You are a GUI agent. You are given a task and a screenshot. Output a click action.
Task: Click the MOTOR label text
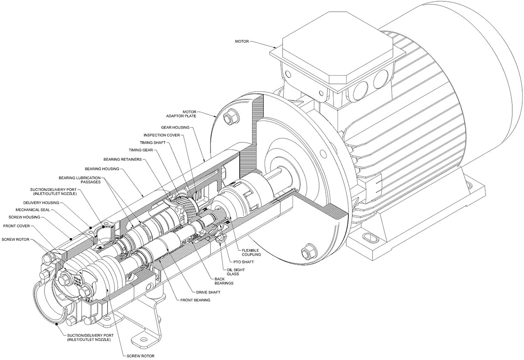pos(242,42)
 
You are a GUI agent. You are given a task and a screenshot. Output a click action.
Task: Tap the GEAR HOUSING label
pos(175,127)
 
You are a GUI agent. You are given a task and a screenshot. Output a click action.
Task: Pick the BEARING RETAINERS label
pos(123,159)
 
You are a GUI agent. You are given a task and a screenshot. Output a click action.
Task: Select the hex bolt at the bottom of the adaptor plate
pos(305,252)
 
